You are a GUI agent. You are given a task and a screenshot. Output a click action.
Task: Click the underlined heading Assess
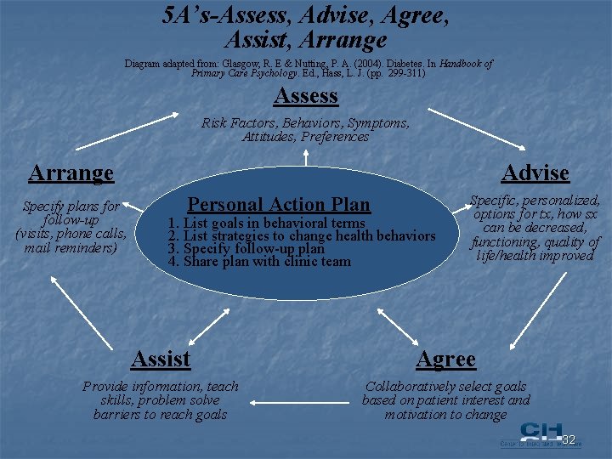tap(307, 96)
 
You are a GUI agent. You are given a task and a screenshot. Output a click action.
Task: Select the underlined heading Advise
tap(535, 173)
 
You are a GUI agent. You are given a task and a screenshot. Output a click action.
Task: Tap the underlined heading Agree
tap(445, 360)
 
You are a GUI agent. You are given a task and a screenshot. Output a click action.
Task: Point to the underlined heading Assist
tap(161, 360)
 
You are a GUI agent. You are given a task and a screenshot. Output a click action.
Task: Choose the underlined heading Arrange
tap(71, 173)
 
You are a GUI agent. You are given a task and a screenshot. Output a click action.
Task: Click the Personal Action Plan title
tap(279, 204)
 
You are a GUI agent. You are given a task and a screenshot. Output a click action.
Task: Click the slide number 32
tap(569, 439)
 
